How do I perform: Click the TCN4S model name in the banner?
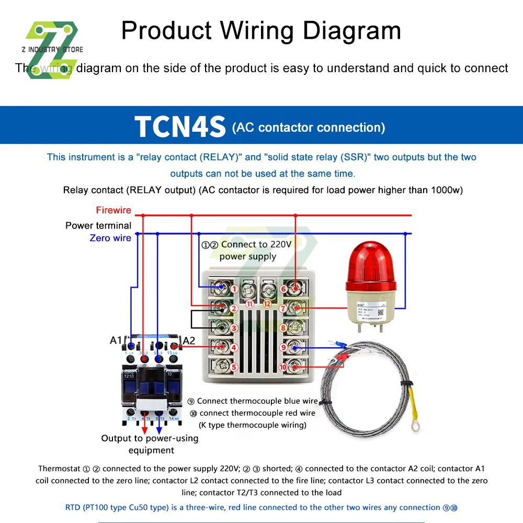pyautogui.click(x=180, y=126)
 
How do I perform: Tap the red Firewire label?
pyautogui.click(x=113, y=210)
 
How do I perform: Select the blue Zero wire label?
pyautogui.click(x=110, y=238)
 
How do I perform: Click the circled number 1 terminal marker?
pyautogui.click(x=234, y=288)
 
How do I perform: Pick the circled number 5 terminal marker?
pyautogui.click(x=234, y=367)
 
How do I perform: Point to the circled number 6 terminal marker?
pyautogui.click(x=283, y=288)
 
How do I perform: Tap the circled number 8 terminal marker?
pyautogui.click(x=283, y=328)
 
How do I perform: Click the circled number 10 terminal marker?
pyautogui.click(x=283, y=367)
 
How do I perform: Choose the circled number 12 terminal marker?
pyautogui.click(x=267, y=303)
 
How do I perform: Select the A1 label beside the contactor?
pyautogui.click(x=116, y=340)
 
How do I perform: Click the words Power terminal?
pyautogui.click(x=98, y=225)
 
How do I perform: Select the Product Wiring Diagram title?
pyautogui.click(x=261, y=30)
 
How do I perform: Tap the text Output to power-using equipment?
pyautogui.click(x=150, y=444)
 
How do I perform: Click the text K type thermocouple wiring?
pyautogui.click(x=252, y=425)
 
